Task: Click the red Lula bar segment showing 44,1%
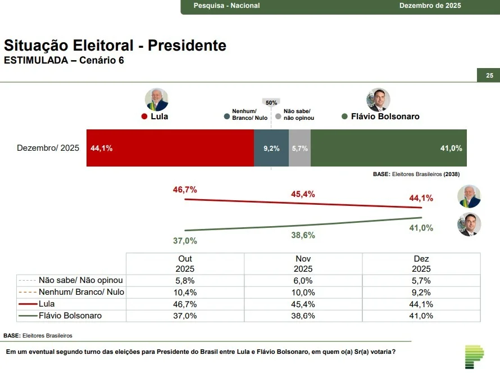click(x=170, y=148)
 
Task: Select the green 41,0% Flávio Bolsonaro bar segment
click(x=388, y=148)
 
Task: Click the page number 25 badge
click(x=489, y=75)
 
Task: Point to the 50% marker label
click(x=271, y=102)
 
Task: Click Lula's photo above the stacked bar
click(x=156, y=100)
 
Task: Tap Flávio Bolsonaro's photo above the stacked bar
click(x=378, y=100)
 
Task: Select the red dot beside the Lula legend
click(x=144, y=117)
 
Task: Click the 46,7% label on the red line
click(x=185, y=190)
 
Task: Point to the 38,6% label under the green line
click(x=303, y=236)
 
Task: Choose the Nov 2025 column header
click(x=303, y=264)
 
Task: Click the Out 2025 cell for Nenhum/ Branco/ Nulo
click(x=185, y=293)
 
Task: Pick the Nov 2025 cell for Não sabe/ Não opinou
click(x=303, y=280)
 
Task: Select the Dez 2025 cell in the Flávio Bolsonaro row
click(x=421, y=316)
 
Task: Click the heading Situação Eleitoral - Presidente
click(x=115, y=46)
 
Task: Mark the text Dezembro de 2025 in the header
click(x=430, y=6)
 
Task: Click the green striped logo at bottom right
click(x=474, y=357)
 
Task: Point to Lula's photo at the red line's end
click(x=469, y=197)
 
